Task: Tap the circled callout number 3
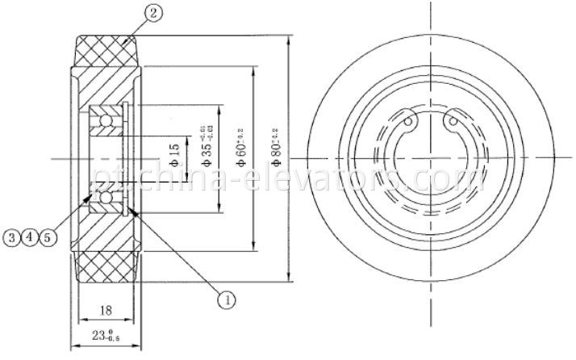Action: pos(11,237)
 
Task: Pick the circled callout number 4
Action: pos(30,237)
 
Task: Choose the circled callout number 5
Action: pos(48,237)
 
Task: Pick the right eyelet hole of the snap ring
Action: pos(451,124)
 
